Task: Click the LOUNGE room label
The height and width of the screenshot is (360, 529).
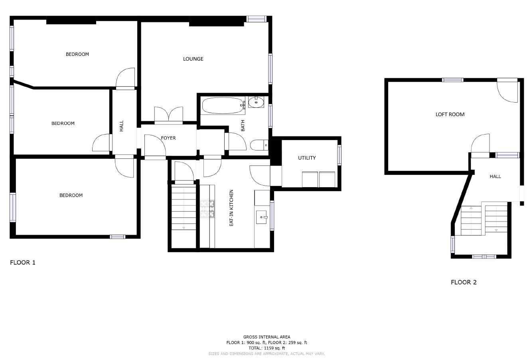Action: click(x=193, y=59)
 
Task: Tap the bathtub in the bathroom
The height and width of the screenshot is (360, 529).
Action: click(x=223, y=106)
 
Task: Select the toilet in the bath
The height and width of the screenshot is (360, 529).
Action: click(x=259, y=145)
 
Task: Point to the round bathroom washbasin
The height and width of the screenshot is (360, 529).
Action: click(x=256, y=103)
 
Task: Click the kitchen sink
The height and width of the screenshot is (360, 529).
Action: click(x=262, y=217)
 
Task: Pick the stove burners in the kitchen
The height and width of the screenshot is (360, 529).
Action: click(x=207, y=209)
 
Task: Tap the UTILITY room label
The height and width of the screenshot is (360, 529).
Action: click(x=307, y=158)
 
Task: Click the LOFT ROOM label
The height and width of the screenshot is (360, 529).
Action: click(x=450, y=114)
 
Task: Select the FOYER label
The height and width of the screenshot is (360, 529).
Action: click(x=168, y=138)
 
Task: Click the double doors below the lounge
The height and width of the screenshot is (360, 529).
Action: click(x=169, y=115)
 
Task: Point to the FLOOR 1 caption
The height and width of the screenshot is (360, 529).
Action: click(x=23, y=263)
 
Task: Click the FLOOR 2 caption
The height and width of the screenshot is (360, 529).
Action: click(x=464, y=282)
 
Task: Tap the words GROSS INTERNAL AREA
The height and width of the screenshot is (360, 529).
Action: click(x=266, y=337)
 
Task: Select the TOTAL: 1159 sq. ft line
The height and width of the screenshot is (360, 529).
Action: click(x=266, y=348)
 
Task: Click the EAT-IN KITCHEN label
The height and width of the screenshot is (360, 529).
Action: click(x=231, y=208)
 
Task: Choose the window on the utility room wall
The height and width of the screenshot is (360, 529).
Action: click(x=340, y=155)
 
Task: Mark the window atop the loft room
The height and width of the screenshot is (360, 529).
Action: click(x=452, y=80)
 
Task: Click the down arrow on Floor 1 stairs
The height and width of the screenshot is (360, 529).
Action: click(x=184, y=228)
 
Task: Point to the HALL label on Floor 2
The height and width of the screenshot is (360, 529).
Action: click(x=495, y=176)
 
